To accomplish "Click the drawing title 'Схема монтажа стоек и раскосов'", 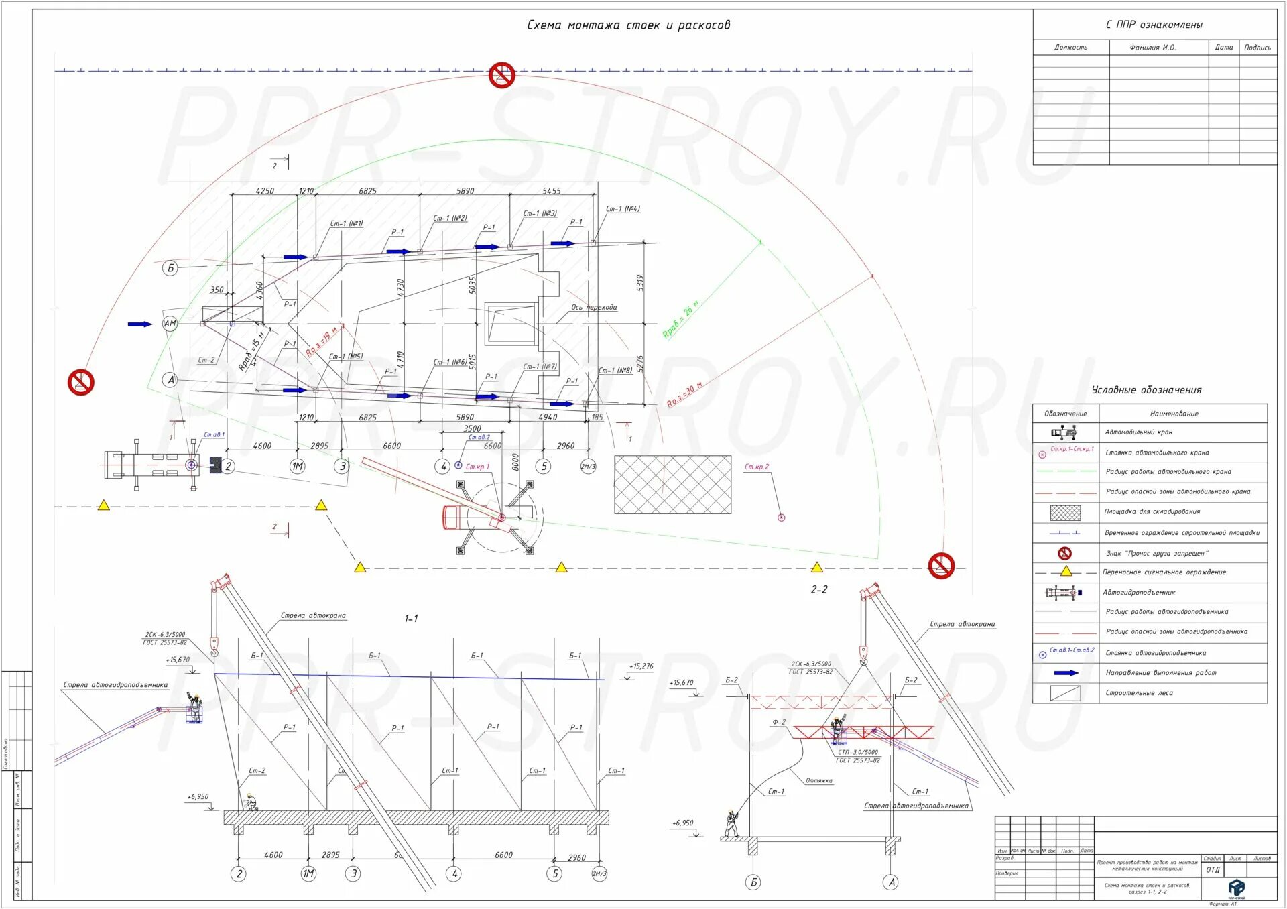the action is pyautogui.click(x=628, y=25).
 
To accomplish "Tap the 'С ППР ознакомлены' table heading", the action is pyautogui.click(x=1154, y=25).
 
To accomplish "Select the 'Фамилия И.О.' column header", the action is pyautogui.click(x=1152, y=48).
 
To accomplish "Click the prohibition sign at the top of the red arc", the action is pyautogui.click(x=501, y=75).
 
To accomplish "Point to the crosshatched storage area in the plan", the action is pyautogui.click(x=672, y=485).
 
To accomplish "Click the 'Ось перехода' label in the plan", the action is pyautogui.click(x=594, y=307).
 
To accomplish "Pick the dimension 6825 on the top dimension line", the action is pyautogui.click(x=367, y=191).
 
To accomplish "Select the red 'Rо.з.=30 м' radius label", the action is pyautogui.click(x=684, y=394).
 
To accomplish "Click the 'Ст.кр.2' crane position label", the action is pyautogui.click(x=757, y=467).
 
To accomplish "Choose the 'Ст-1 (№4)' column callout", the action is pyautogui.click(x=623, y=209).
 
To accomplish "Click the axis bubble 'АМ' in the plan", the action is pyautogui.click(x=170, y=324).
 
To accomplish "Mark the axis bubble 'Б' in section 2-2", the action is pyautogui.click(x=753, y=882).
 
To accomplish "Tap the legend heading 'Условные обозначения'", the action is pyautogui.click(x=1146, y=390).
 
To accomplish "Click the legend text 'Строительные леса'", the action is pyautogui.click(x=1139, y=693).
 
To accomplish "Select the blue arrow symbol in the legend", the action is pyautogui.click(x=1066, y=672).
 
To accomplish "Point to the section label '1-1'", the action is pyautogui.click(x=411, y=618).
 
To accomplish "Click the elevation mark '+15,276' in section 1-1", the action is pyautogui.click(x=641, y=666).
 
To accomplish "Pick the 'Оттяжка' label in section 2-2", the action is pyautogui.click(x=818, y=780).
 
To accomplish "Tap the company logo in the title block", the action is pyautogui.click(x=1236, y=888).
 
